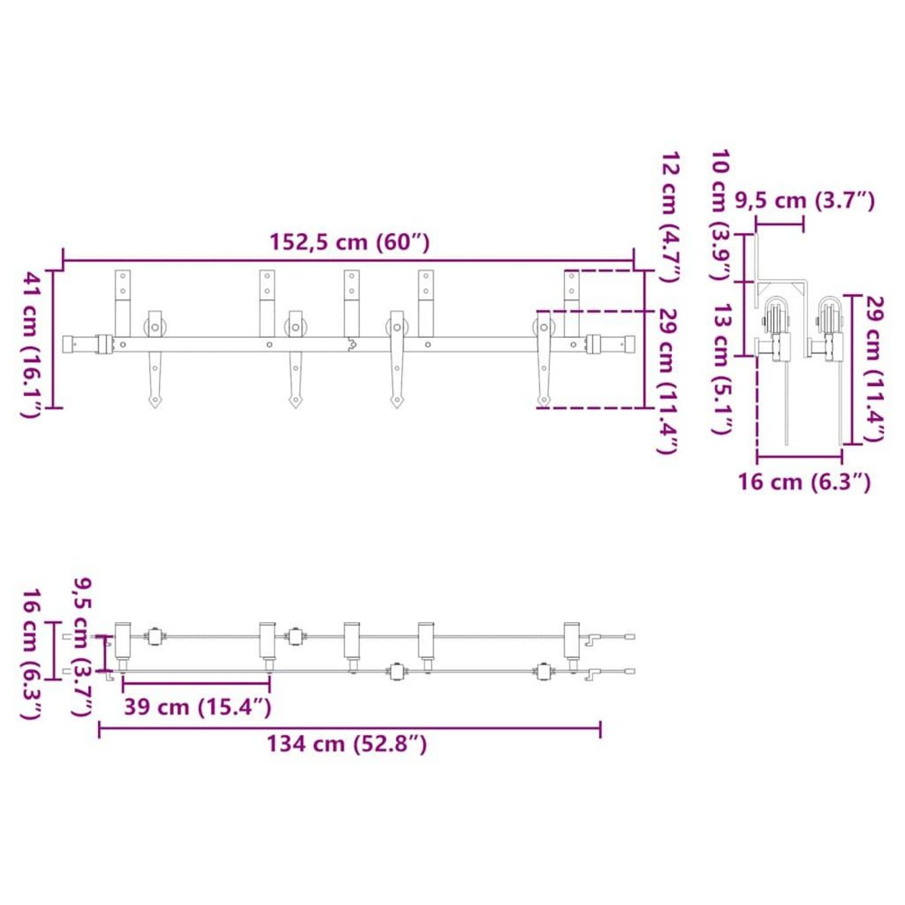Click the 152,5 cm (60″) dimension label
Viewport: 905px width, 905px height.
click(x=349, y=243)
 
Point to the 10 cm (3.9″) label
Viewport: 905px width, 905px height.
click(x=722, y=216)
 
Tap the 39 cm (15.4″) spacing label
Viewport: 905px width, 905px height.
click(x=198, y=707)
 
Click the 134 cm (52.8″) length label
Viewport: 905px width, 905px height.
click(x=347, y=744)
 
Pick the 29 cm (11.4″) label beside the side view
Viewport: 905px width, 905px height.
click(x=876, y=369)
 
